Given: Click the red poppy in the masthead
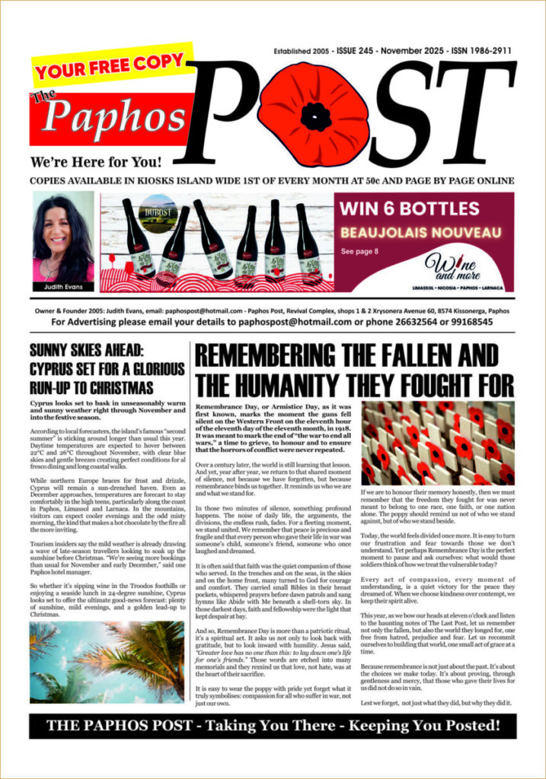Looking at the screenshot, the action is click(x=314, y=114).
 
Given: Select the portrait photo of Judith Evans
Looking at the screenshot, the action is click(x=63, y=237).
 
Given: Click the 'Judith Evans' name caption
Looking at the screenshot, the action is click(x=63, y=287).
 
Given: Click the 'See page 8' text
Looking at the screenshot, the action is click(x=359, y=250).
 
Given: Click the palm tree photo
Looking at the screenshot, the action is click(x=107, y=661).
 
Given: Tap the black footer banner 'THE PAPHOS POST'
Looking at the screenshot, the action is click(x=273, y=726).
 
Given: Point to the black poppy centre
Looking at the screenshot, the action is click(x=315, y=116).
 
